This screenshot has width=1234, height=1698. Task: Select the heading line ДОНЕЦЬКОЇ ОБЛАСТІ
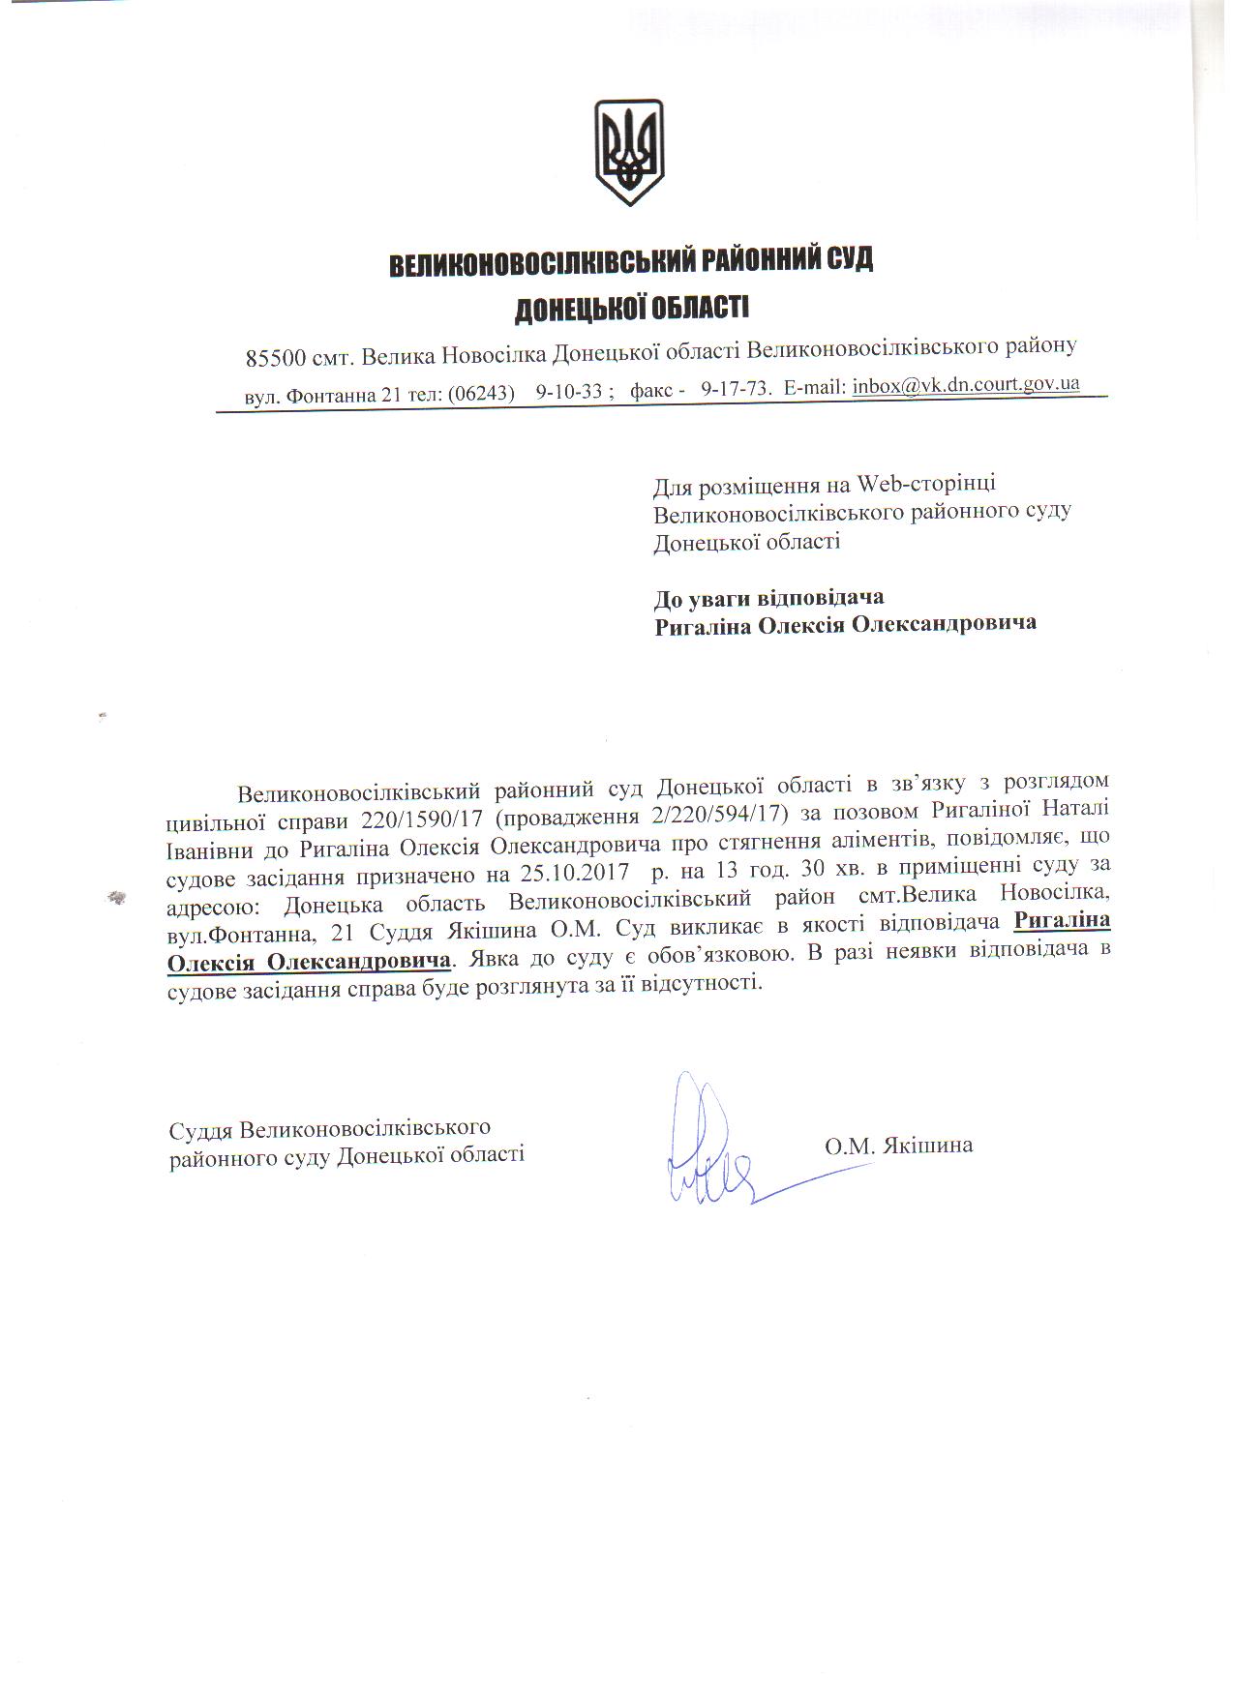click(631, 309)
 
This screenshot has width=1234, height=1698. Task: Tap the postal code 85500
click(275, 357)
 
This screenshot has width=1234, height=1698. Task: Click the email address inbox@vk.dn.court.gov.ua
click(965, 385)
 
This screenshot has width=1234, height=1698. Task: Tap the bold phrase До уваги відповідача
click(769, 597)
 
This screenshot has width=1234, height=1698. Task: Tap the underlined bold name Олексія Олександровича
click(309, 963)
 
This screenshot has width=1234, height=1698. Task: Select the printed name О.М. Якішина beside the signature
click(898, 1146)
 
